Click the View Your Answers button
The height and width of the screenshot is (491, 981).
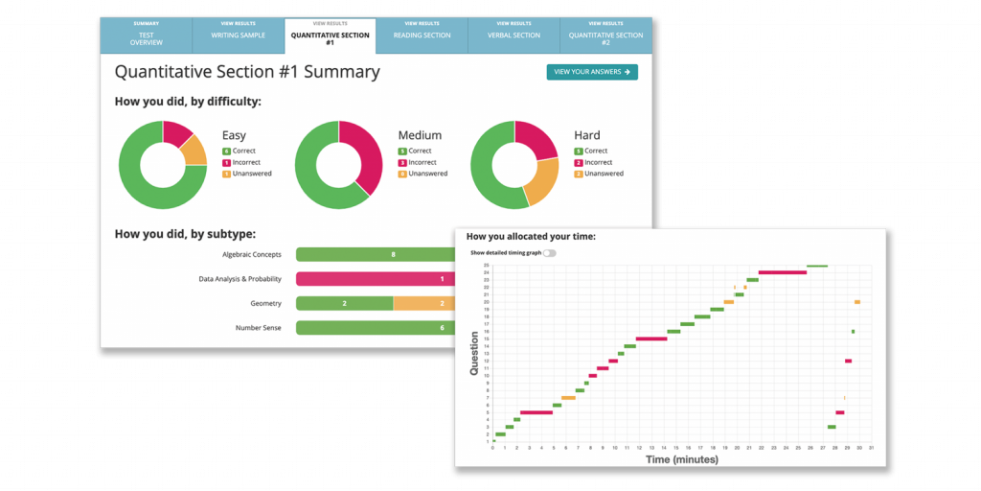click(592, 72)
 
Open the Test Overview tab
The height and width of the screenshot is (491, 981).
click(147, 35)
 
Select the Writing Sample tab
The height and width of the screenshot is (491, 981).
click(238, 35)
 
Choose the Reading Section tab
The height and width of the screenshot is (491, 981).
click(422, 35)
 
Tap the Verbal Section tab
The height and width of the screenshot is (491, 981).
click(513, 35)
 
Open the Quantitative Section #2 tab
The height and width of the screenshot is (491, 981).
click(605, 35)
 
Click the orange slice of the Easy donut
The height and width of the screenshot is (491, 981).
click(194, 150)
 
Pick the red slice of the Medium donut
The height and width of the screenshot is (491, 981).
click(368, 153)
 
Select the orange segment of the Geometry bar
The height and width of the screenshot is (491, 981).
click(425, 303)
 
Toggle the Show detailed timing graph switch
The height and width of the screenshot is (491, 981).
click(549, 253)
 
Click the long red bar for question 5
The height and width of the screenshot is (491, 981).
click(536, 412)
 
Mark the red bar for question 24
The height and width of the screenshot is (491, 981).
click(783, 272)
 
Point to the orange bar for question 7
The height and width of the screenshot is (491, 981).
click(569, 398)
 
